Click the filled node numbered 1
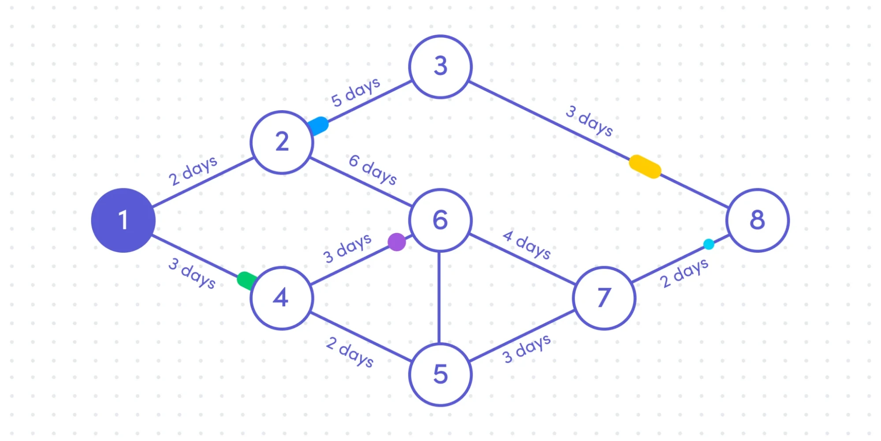(x=123, y=220)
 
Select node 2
(x=282, y=142)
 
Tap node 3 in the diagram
(x=440, y=67)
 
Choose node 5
(x=440, y=374)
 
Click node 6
(x=440, y=220)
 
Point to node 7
(x=604, y=298)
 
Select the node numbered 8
(x=757, y=220)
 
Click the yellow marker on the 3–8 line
(x=645, y=166)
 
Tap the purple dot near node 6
(x=397, y=242)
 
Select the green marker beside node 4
(x=246, y=280)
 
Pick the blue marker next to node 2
(x=318, y=126)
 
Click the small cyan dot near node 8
(x=709, y=244)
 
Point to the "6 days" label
(x=373, y=169)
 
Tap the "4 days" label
(x=527, y=244)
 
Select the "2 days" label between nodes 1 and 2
(x=193, y=171)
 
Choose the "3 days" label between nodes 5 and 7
(x=527, y=348)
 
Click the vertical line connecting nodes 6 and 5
(x=439, y=298)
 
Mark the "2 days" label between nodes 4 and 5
(x=350, y=351)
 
